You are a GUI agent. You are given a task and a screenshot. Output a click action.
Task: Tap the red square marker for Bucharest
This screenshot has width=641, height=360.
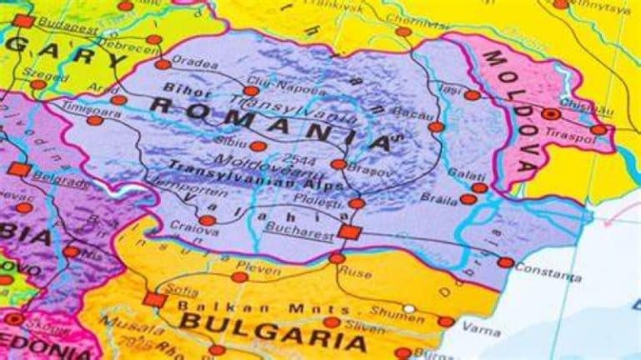tap(349, 231)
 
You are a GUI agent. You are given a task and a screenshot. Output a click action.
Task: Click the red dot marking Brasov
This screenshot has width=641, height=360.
tap(338, 165)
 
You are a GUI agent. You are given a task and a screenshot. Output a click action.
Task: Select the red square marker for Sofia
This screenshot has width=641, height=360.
tap(151, 298)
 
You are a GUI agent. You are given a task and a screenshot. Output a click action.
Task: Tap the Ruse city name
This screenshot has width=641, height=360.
tap(354, 271)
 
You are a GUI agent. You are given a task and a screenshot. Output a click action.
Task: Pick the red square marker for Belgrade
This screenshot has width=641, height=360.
tap(19, 170)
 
